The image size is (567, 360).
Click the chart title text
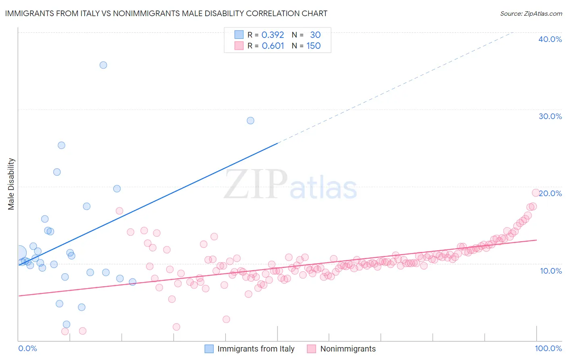click(166, 13)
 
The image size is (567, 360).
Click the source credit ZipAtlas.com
click(531, 13)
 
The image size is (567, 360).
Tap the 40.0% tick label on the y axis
click(550, 39)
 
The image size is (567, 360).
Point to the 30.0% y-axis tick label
click(550, 116)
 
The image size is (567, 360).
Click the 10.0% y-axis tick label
click(551, 271)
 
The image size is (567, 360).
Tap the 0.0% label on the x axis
click(27, 348)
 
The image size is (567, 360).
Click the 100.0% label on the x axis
click(548, 348)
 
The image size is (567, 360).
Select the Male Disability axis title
click(11, 184)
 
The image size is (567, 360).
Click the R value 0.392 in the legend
click(273, 35)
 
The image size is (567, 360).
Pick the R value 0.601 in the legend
click(273, 46)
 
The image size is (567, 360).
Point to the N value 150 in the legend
click(313, 46)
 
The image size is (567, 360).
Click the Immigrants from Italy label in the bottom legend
click(256, 349)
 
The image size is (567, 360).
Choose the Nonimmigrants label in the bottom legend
click(348, 349)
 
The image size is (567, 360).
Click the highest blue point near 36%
click(103, 65)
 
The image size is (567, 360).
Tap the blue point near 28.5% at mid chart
click(250, 120)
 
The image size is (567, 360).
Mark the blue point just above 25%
click(61, 145)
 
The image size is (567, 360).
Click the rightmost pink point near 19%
click(536, 193)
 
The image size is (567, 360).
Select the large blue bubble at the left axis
click(19, 253)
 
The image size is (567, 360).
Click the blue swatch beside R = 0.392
click(239, 35)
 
